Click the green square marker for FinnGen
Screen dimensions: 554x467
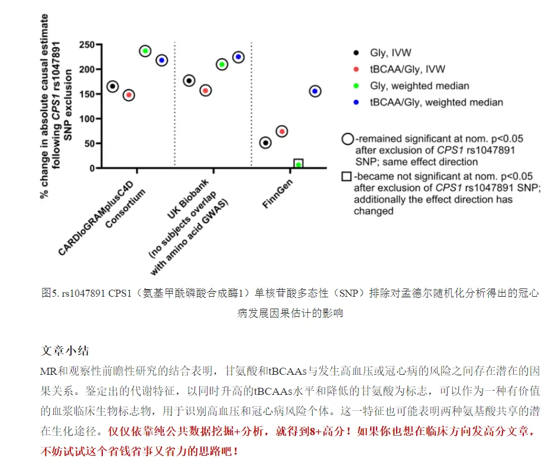click(x=299, y=164)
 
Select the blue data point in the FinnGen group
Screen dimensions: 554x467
click(x=315, y=91)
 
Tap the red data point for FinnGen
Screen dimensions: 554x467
click(x=281, y=131)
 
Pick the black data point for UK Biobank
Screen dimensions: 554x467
click(x=189, y=81)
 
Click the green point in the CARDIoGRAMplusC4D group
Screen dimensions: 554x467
click(x=145, y=51)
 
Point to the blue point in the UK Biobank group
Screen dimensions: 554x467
click(x=238, y=57)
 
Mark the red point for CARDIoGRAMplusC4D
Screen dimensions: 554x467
click(x=129, y=95)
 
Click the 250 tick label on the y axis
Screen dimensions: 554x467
click(x=86, y=45)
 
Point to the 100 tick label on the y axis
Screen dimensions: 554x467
click(x=86, y=119)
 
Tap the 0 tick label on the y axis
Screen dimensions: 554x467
click(x=92, y=168)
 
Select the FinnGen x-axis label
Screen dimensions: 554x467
click(x=278, y=193)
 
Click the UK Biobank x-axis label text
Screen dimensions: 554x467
click(x=188, y=199)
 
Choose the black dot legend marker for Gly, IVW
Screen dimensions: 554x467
click(x=356, y=53)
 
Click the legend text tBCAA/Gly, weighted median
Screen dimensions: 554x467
click(x=436, y=102)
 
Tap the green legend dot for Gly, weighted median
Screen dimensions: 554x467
click(x=356, y=86)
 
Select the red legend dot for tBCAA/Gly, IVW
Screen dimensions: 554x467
click(x=356, y=69)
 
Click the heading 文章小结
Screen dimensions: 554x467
click(x=65, y=351)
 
